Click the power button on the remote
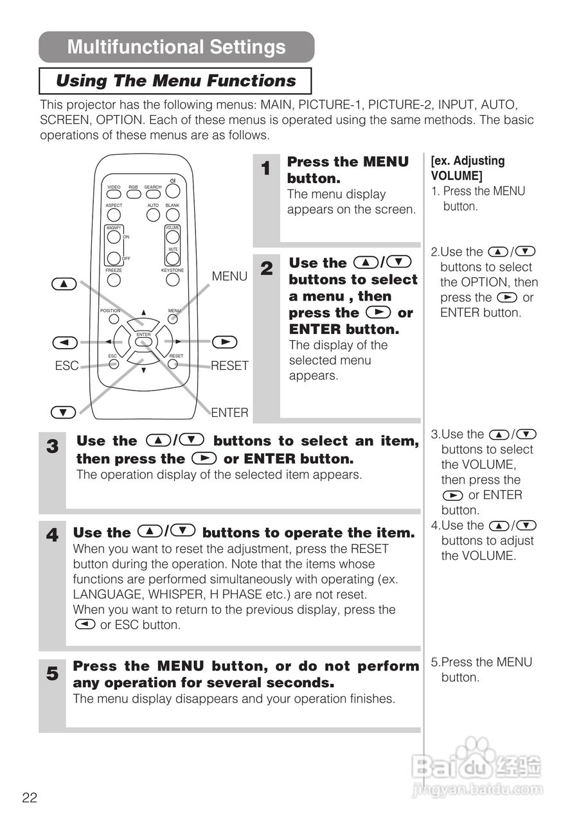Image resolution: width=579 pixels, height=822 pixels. [172, 191]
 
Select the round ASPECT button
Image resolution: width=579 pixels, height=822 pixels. [114, 214]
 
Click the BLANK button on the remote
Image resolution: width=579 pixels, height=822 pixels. [172, 214]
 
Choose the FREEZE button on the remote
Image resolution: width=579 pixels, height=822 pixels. [114, 280]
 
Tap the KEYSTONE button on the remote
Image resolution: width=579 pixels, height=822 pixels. [172, 280]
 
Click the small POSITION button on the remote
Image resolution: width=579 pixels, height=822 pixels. [113, 319]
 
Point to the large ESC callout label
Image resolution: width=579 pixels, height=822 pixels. [67, 366]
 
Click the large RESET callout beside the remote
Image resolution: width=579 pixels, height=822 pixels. [229, 366]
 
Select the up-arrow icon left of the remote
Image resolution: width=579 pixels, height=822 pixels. [64, 284]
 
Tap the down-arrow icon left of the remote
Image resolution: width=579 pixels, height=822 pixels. [64, 412]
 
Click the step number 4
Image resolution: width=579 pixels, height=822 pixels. [52, 535]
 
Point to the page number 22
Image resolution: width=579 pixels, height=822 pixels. [30, 798]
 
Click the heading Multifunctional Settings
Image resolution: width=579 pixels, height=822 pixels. [176, 47]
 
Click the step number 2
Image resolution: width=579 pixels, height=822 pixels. [267, 269]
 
